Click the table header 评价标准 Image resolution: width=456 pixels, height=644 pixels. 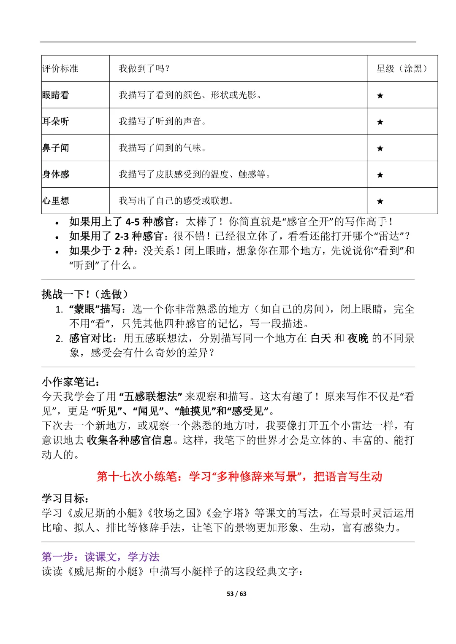click(x=60, y=69)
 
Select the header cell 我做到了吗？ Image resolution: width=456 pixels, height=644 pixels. click(x=144, y=69)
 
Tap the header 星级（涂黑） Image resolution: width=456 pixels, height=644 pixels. click(x=402, y=69)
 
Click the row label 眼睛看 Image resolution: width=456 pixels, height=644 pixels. click(x=56, y=95)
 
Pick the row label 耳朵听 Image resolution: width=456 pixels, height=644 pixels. click(x=56, y=121)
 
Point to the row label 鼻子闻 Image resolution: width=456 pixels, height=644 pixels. click(x=56, y=148)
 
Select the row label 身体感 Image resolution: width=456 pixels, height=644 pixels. click(x=56, y=174)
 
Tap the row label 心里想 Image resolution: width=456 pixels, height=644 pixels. click(x=56, y=201)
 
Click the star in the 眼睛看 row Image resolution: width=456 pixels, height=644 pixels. click(x=380, y=96)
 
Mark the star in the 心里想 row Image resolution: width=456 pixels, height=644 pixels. click(x=380, y=202)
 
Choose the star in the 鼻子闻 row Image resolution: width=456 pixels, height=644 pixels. click(x=380, y=148)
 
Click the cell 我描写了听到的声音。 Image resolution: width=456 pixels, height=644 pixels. click(x=163, y=121)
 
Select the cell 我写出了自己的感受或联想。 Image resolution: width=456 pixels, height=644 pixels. click(x=176, y=201)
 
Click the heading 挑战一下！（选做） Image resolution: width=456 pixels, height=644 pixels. click(x=85, y=294)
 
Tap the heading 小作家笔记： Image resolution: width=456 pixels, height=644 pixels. click(x=71, y=382)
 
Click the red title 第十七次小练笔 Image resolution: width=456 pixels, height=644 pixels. click(x=239, y=477)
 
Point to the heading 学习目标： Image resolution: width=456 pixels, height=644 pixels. click(x=65, y=498)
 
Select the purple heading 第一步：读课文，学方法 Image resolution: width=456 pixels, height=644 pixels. click(x=100, y=557)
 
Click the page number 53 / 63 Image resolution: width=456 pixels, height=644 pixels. click(x=236, y=594)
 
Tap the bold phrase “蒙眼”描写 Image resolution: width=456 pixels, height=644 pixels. click(x=95, y=309)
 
